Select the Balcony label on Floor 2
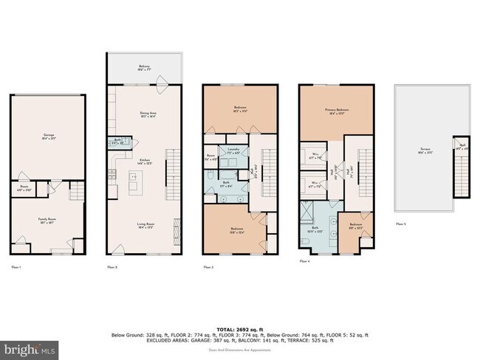[145, 67]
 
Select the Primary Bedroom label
[337, 112]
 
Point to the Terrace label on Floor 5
[425, 150]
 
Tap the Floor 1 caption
[16, 266]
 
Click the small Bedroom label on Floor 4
[356, 225]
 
